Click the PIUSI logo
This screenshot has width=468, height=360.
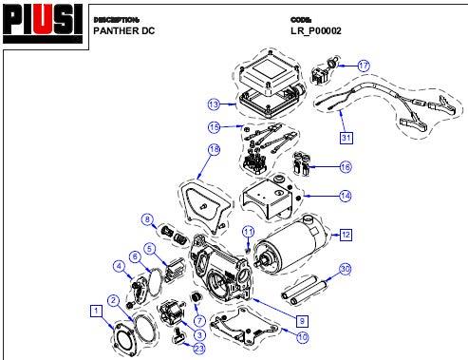pyautogui.click(x=43, y=24)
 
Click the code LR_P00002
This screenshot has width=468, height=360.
pyautogui.click(x=316, y=31)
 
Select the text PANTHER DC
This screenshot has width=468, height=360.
pyautogui.click(x=124, y=31)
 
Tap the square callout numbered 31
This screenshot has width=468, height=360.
pyautogui.click(x=346, y=138)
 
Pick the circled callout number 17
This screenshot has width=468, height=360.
pyautogui.click(x=364, y=66)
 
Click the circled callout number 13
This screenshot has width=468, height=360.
pyautogui.click(x=214, y=104)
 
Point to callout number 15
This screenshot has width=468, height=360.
pyautogui.click(x=214, y=127)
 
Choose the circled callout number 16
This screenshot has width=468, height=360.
pyautogui.click(x=346, y=167)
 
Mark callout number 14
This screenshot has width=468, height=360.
pyautogui.click(x=346, y=196)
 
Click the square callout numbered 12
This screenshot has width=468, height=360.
pyautogui.click(x=346, y=235)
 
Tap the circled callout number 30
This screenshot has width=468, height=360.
pyautogui.click(x=346, y=269)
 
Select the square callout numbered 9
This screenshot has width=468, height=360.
pyautogui.click(x=302, y=321)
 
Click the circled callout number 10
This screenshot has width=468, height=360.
pyautogui.click(x=303, y=337)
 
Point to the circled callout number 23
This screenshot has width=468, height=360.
pyautogui.click(x=199, y=349)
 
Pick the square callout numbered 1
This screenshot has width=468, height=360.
pyautogui.click(x=97, y=311)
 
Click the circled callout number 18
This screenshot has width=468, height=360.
pyautogui.click(x=215, y=149)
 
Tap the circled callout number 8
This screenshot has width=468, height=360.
pyautogui.click(x=147, y=219)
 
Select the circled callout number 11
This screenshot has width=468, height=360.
pyautogui.click(x=248, y=232)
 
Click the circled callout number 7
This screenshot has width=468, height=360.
pyautogui.click(x=199, y=321)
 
